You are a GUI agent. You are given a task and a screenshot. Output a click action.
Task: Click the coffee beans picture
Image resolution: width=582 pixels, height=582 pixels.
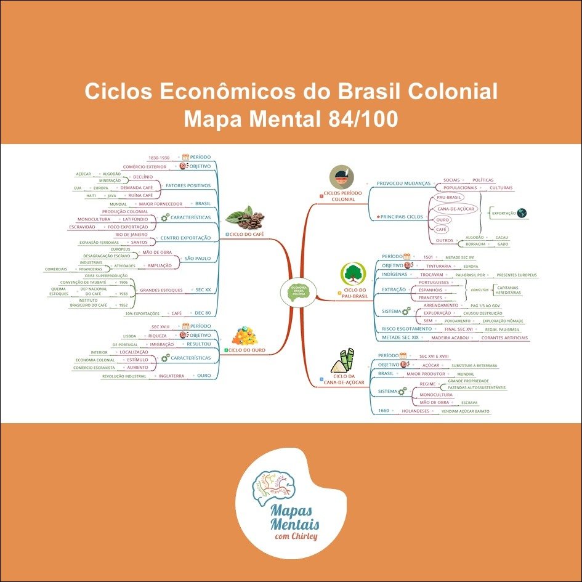coord(245,217)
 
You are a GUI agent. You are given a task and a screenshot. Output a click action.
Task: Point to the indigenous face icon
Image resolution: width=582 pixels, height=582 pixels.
coord(341,177)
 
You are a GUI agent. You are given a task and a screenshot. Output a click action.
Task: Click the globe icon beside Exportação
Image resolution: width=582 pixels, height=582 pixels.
coord(522,213)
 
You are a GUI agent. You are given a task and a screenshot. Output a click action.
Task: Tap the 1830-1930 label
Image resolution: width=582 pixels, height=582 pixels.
coord(158,158)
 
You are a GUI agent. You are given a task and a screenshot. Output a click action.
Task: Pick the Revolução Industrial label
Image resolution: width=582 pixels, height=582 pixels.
coord(124,376)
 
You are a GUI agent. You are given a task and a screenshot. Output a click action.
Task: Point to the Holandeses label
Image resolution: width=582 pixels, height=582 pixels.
coord(417,411)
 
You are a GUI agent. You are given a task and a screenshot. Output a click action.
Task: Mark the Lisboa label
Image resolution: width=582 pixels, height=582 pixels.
coord(130,336)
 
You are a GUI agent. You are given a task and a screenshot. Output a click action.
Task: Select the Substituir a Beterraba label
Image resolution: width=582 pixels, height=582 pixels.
coord(474,365)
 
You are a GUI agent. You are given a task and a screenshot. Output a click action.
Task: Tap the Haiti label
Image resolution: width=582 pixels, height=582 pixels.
coord(91,195)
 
